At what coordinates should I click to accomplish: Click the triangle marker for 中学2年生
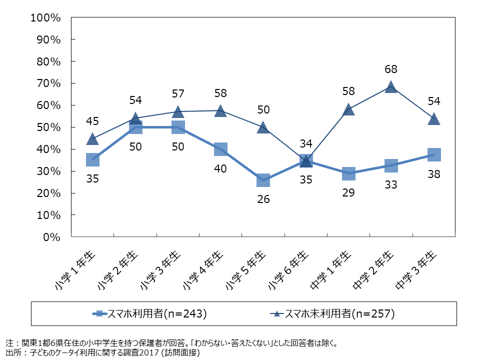point(391,87)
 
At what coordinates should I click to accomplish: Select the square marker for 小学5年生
point(263,179)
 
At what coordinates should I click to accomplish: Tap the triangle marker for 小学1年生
point(92,139)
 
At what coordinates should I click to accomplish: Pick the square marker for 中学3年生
point(434,154)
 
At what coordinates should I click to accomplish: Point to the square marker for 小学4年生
point(220,149)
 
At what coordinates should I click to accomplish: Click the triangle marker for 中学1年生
point(348,109)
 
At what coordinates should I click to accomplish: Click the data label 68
point(391,69)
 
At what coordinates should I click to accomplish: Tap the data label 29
point(348,192)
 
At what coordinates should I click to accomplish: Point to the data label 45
point(92,121)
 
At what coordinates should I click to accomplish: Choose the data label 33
point(391,184)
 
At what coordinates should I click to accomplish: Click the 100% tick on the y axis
point(45,18)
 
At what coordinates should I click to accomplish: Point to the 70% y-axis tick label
point(48,83)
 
